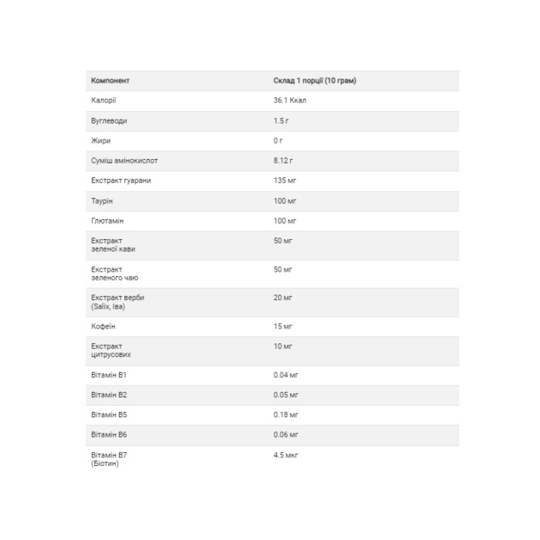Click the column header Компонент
click(110, 80)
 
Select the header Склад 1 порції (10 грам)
click(315, 80)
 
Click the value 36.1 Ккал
click(290, 100)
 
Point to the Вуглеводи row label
click(109, 121)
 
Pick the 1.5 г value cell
click(281, 121)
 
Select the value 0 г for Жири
click(278, 140)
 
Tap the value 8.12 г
click(283, 160)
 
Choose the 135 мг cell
click(285, 181)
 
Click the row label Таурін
click(103, 201)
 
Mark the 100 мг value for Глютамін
click(285, 221)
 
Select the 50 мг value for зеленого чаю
click(283, 268)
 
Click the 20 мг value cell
click(283, 298)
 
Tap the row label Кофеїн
click(103, 326)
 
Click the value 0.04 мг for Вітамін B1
click(286, 375)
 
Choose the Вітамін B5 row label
click(107, 415)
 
